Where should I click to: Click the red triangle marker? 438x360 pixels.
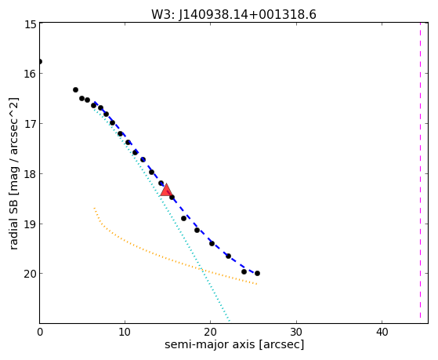tap(166, 191)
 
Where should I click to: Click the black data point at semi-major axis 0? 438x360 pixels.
tap(40, 61)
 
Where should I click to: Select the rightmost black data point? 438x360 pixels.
tap(257, 273)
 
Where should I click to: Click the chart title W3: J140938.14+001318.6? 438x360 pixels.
tap(233, 14)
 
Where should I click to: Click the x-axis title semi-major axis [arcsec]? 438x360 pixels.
tap(234, 344)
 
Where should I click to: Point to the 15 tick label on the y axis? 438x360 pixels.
tap(31, 24)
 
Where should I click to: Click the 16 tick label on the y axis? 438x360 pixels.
tap(31, 74)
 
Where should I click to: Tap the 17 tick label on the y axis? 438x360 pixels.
tap(31, 124)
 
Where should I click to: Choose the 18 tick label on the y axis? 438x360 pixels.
tap(31, 173)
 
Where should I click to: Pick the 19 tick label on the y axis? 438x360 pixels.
tap(31, 224)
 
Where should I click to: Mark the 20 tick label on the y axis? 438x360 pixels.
tap(31, 274)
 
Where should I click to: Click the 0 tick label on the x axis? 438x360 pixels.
tap(40, 332)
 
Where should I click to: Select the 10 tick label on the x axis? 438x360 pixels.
tap(125, 332)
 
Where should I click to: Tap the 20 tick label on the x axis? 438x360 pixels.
tap(210, 332)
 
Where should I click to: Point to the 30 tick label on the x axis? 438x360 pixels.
tap(296, 332)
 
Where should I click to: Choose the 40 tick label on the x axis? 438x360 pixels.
tap(382, 332)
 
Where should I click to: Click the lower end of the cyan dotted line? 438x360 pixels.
tap(230, 321)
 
